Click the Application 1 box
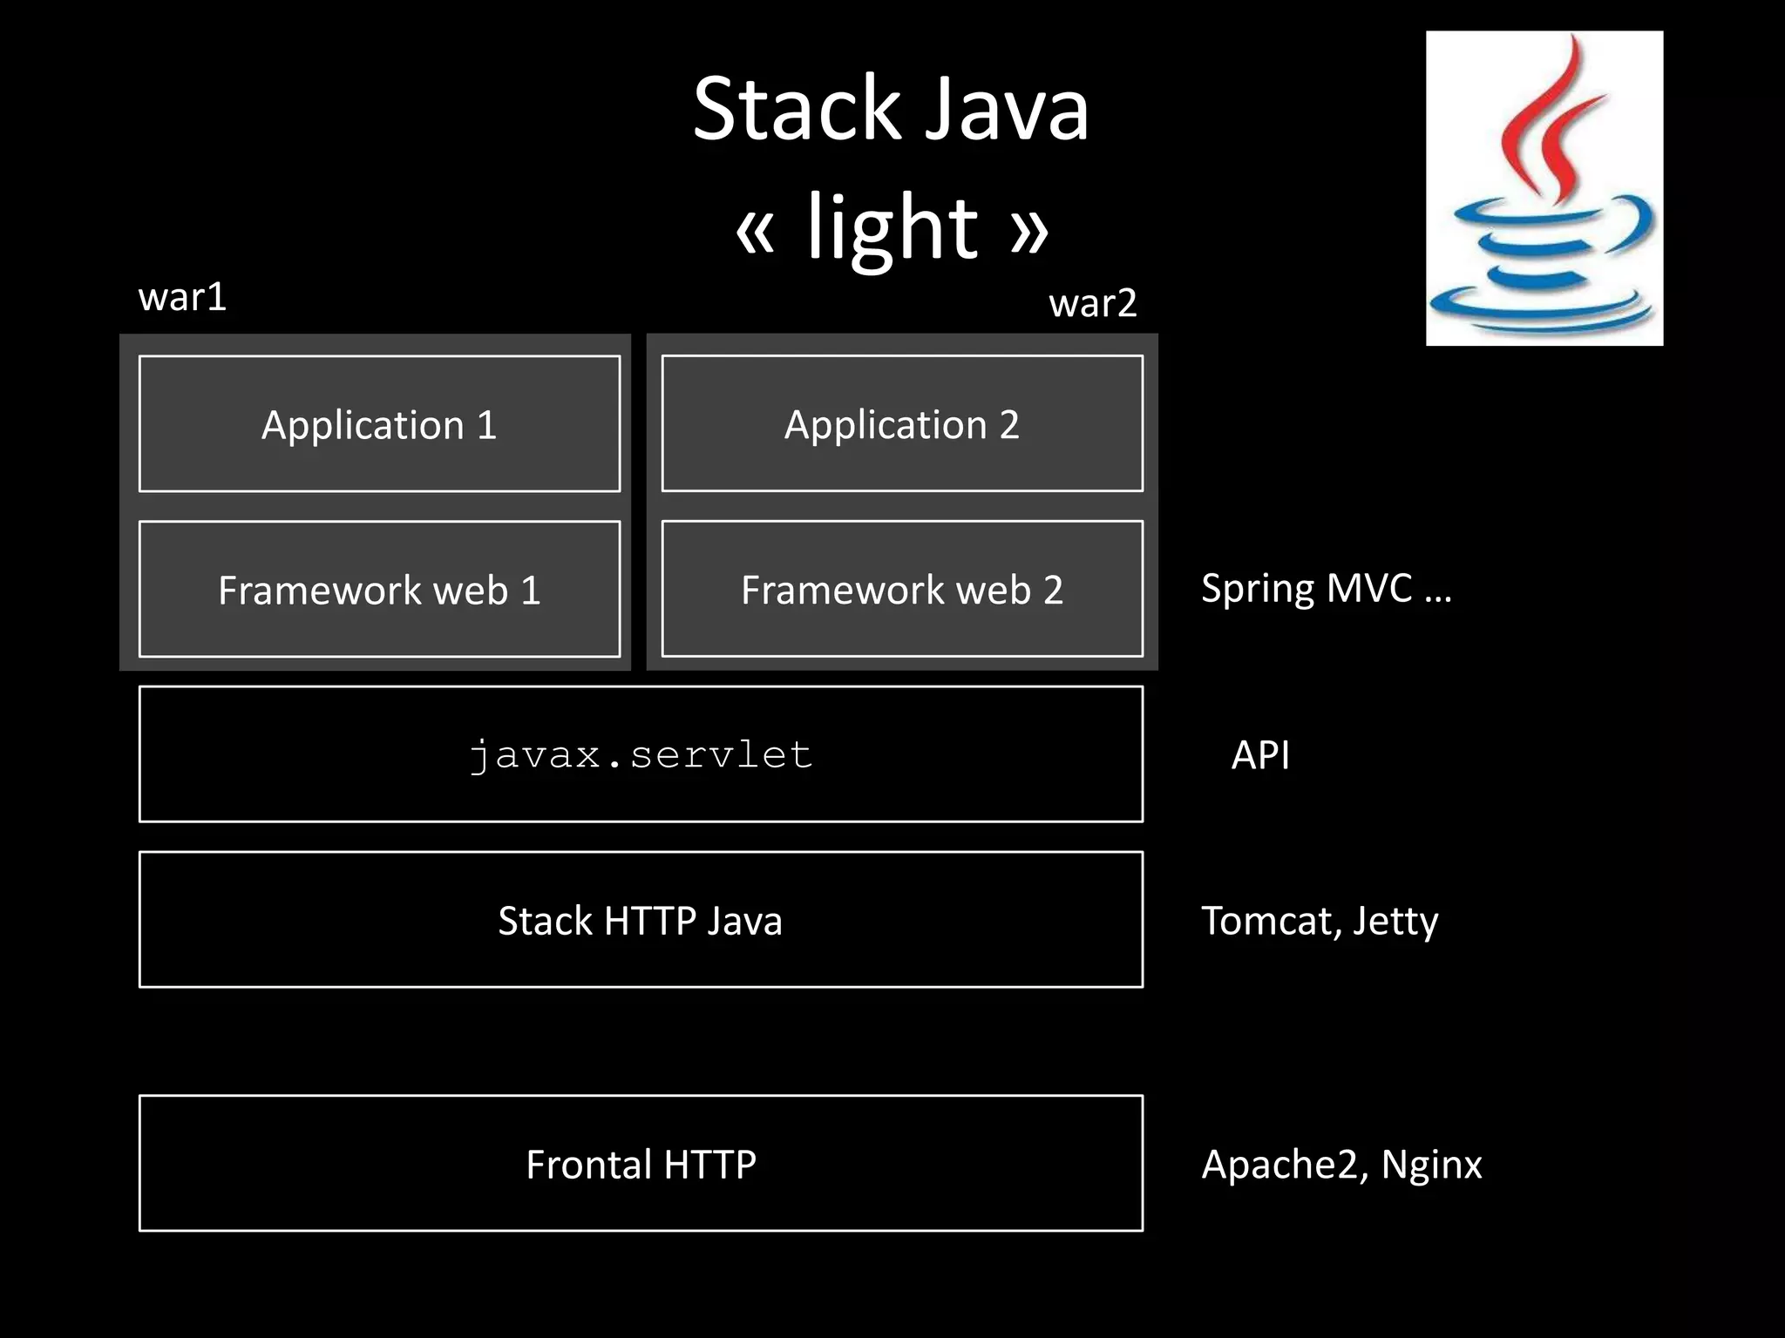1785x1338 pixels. (379, 424)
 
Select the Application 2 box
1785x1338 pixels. (902, 424)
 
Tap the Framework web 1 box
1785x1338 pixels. (379, 590)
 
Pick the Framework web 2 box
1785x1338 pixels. (902, 590)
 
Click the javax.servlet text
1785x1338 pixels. (641, 754)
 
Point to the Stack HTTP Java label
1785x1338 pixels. (641, 921)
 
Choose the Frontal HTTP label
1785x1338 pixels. (641, 1165)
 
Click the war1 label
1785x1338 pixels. (182, 298)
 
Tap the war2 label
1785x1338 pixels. (1092, 304)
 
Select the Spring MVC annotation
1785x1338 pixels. (1325, 590)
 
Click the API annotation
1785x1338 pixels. (1260, 755)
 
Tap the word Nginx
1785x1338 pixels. (1431, 1165)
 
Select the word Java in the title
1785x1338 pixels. (1007, 110)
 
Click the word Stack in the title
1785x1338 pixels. (795, 110)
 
